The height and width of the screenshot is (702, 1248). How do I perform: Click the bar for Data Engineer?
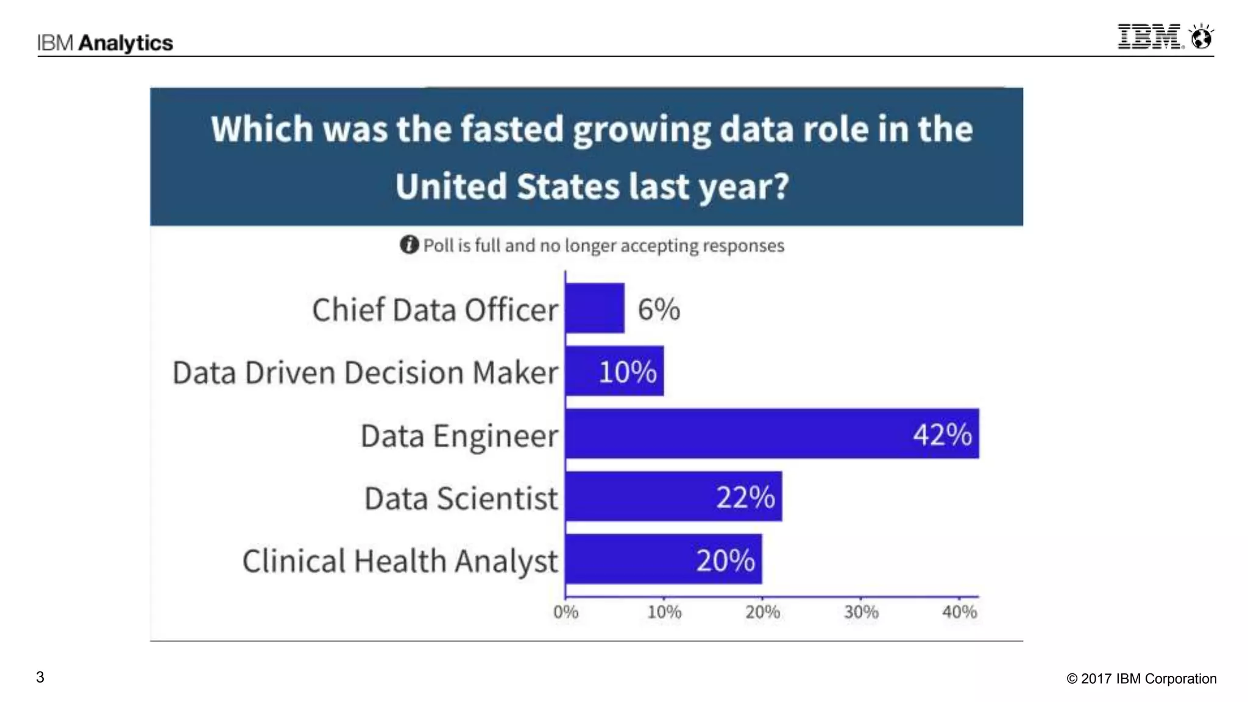[731, 433]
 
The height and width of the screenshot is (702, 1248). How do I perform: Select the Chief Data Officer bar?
[595, 308]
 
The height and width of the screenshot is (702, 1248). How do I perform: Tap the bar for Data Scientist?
[640, 496]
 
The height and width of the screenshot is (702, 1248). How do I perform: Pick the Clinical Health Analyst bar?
[628, 559]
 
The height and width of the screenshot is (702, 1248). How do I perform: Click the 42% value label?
[942, 435]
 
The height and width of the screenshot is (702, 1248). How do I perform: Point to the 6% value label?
[659, 309]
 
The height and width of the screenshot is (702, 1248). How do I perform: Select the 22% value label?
[745, 497]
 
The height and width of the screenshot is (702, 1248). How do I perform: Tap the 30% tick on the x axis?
[861, 612]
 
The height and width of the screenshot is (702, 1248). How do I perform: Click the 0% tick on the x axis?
[565, 612]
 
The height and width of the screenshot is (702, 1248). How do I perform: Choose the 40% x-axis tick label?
[959, 612]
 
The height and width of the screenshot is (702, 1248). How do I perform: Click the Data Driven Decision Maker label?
[365, 373]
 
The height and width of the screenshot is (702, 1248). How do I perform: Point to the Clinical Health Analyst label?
[400, 561]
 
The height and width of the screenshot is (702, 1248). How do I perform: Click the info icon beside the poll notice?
[409, 245]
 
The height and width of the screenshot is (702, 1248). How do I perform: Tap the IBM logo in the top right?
[1149, 37]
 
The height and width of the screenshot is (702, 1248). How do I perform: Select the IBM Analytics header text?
[105, 43]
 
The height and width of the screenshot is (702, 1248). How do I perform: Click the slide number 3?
[40, 677]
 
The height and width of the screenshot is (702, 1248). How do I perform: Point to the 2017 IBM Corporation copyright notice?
[1141, 679]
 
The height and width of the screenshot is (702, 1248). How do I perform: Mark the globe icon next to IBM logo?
[1202, 37]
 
